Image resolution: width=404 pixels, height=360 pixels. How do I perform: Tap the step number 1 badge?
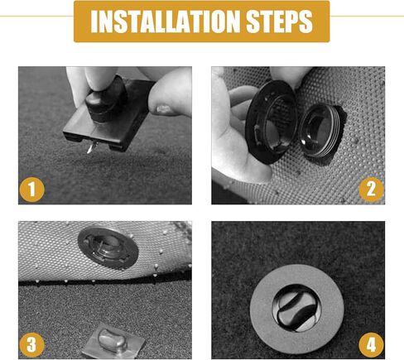pos(32,190)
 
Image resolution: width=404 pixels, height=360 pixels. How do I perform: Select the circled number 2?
pos(372,190)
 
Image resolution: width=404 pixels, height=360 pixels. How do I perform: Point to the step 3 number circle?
pos(32,343)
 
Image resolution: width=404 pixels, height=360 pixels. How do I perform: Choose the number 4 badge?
pos(372,343)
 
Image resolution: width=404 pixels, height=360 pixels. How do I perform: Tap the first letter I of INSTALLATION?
pos(93,22)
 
